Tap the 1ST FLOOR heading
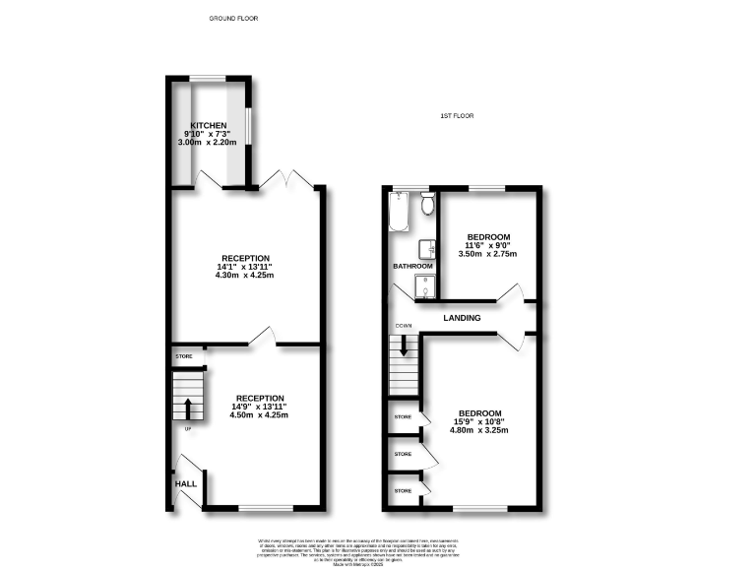click(x=457, y=116)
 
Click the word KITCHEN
click(x=209, y=125)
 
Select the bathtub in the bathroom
click(x=399, y=211)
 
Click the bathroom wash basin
click(x=425, y=248)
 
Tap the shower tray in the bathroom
click(x=423, y=287)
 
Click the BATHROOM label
click(x=413, y=266)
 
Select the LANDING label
click(x=462, y=318)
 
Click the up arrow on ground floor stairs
click(x=187, y=408)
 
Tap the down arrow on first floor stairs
click(x=403, y=346)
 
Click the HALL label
click(x=185, y=483)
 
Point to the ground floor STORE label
click(x=184, y=355)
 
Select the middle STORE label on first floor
click(x=403, y=454)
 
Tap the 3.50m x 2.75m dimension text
click(x=488, y=254)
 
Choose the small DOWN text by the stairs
click(x=403, y=326)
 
